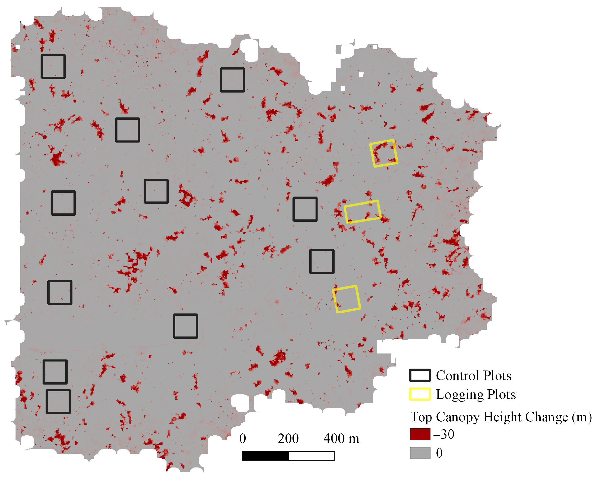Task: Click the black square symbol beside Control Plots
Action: coord(420,375)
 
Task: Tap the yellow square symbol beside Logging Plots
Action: coord(420,394)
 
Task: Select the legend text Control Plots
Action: coord(474,376)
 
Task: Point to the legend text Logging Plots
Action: coord(476,395)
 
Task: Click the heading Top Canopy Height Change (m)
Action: coord(501,417)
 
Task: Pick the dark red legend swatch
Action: coord(420,434)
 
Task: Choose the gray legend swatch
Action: coord(420,453)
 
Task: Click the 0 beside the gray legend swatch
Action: coord(439,453)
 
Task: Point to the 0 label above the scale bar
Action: coord(243,439)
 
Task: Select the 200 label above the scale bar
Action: coord(288,439)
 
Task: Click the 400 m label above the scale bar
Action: coord(341,439)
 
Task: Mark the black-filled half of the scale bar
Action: coord(265,456)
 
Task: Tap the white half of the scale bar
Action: coord(311,456)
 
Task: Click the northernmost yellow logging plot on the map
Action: coord(384,153)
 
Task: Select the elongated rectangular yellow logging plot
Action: coord(362,212)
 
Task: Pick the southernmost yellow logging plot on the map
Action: coord(346,299)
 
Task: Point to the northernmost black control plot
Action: coord(53,66)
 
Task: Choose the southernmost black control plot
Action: coord(58,401)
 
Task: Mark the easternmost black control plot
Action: coord(322,262)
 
